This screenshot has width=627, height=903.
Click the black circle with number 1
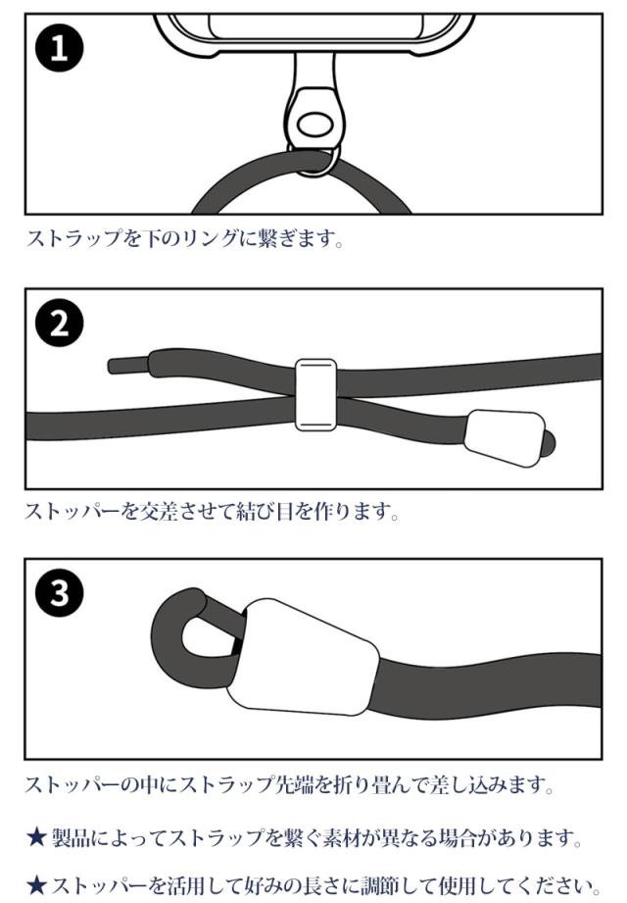point(60,48)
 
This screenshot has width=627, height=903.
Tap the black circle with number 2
point(60,324)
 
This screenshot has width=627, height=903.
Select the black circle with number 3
point(60,592)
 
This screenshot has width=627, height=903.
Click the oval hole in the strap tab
point(316,124)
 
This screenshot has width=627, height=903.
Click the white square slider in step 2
point(315,395)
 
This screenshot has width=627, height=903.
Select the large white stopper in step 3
point(303,657)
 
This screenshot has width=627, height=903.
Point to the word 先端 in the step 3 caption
point(292,783)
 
